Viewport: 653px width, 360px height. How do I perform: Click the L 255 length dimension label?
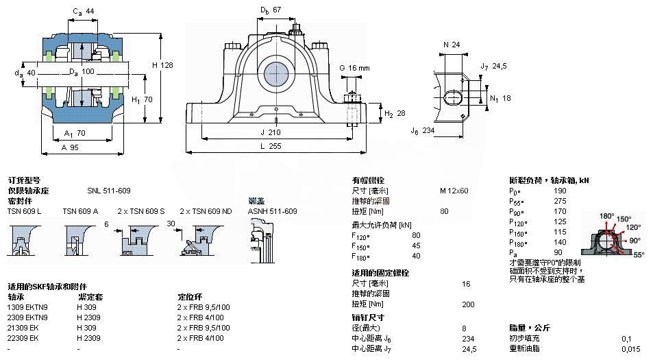pos(275,147)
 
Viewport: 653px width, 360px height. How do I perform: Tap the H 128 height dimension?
pos(162,64)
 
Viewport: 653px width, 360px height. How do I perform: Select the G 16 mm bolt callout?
pos(354,68)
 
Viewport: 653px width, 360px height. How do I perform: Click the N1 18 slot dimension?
pos(502,97)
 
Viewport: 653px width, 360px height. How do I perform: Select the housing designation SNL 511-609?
pos(108,191)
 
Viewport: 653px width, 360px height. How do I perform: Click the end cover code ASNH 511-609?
pos(272,211)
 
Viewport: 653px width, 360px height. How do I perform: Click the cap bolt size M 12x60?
pos(454,191)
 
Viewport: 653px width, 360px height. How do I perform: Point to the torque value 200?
pos(469,304)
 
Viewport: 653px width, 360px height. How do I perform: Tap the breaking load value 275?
pos(560,201)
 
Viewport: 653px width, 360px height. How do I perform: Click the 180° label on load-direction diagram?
pos(607,216)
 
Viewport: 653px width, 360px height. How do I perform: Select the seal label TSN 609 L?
pos(25,211)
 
